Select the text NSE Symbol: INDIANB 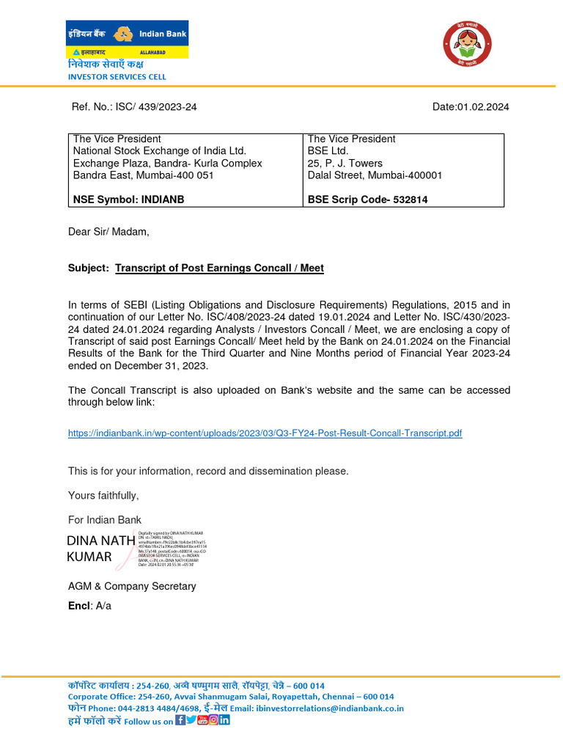pyautogui.click(x=128, y=199)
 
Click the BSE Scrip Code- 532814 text pyautogui.click(x=367, y=199)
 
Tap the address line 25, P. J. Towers pyautogui.click(x=345, y=164)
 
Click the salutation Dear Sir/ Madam pyautogui.click(x=108, y=232)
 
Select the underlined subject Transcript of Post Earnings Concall pyautogui.click(x=219, y=268)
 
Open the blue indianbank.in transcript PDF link pyautogui.click(x=265, y=433)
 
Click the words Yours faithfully pyautogui.click(x=103, y=496)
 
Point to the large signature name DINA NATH pyautogui.click(x=100, y=541)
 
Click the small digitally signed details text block pyautogui.click(x=172, y=546)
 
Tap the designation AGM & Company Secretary pyautogui.click(x=132, y=586)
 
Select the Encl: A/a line pyautogui.click(x=89, y=606)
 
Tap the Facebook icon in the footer pyautogui.click(x=180, y=720)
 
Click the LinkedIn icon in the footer pyautogui.click(x=224, y=720)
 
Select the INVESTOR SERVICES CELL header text pyautogui.click(x=117, y=76)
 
